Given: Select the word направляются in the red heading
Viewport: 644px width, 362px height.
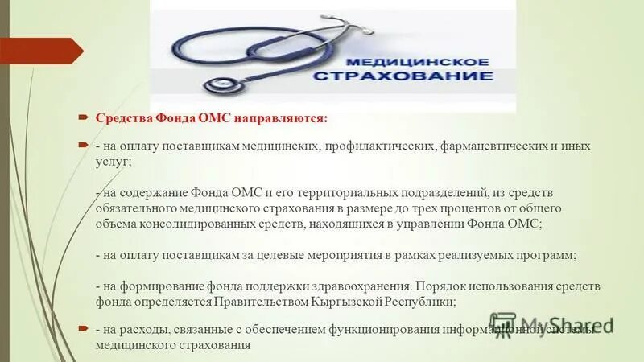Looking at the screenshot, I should tap(281, 118).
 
